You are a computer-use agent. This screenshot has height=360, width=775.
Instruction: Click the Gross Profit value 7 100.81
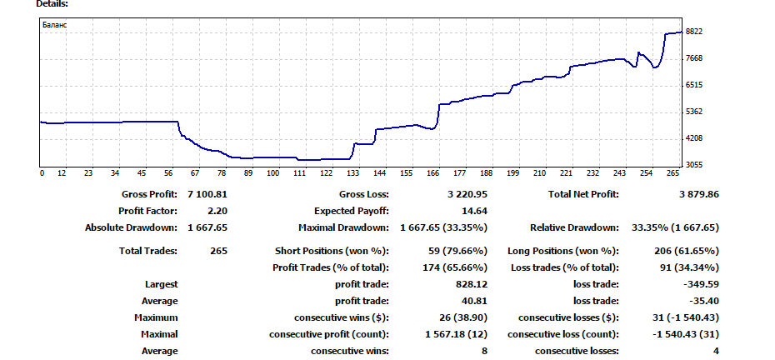(207, 194)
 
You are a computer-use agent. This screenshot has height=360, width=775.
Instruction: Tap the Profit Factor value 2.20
(217, 211)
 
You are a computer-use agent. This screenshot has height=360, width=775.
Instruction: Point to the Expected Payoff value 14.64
(474, 211)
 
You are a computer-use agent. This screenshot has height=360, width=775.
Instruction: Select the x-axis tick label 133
(353, 174)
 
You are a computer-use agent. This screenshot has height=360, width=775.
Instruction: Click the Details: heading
(52, 4)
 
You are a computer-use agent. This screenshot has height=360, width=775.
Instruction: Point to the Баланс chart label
(55, 25)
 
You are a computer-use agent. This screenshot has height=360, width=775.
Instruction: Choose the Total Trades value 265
(219, 251)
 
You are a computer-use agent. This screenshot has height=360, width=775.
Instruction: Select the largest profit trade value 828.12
(471, 284)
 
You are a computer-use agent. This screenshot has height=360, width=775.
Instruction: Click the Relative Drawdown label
(574, 227)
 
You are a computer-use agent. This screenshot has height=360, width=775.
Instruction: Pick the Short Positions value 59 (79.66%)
(456, 251)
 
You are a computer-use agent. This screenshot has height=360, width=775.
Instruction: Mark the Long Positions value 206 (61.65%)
(686, 251)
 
